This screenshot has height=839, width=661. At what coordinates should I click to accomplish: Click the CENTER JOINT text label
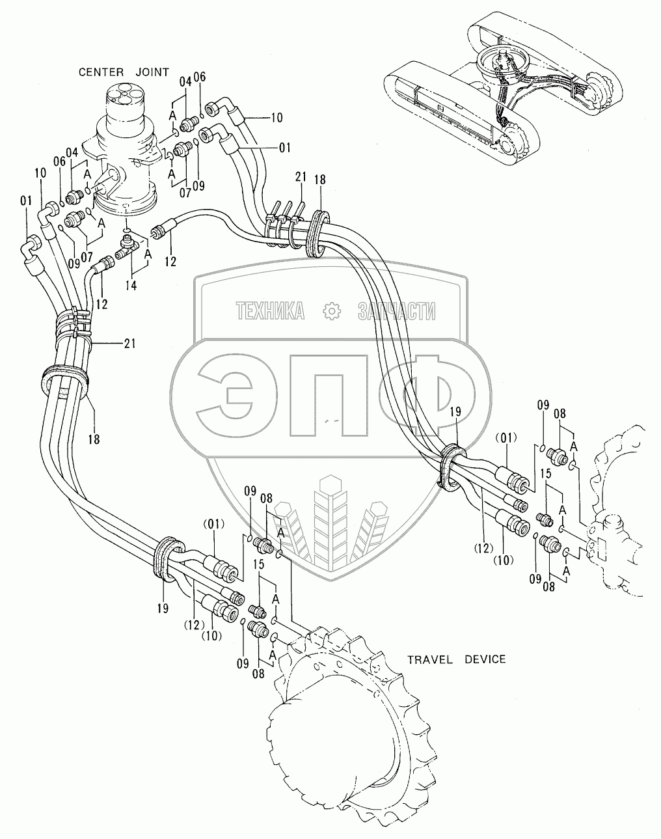124,72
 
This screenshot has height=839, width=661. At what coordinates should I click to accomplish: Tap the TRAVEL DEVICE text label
456,659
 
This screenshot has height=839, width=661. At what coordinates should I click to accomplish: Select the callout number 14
131,284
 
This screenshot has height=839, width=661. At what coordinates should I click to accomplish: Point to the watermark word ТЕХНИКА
271,312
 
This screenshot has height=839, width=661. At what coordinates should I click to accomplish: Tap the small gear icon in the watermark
332,311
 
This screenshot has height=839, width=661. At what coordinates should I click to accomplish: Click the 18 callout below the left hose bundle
94,439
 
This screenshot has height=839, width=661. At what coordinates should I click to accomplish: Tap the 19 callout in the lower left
162,609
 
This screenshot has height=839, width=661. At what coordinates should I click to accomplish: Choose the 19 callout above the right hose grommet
455,411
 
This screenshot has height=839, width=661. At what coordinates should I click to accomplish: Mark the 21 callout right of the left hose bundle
129,344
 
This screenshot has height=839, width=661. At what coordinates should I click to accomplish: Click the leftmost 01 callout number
25,202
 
